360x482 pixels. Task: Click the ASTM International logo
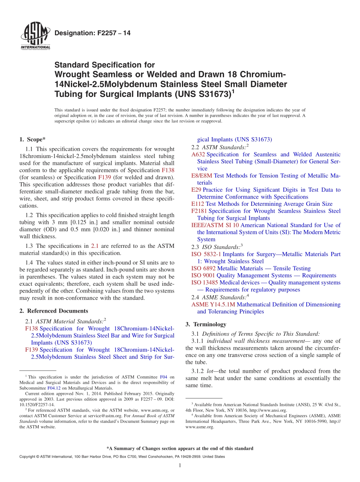[35, 36]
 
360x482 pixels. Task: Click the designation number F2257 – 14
[92, 33]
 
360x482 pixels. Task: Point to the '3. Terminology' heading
[206, 324]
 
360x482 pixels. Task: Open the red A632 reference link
[198, 154]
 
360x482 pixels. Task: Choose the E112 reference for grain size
[198, 204]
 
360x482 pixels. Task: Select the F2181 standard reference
[199, 211]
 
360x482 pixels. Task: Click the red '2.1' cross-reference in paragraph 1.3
[95, 246]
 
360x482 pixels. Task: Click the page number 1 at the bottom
[180, 465]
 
